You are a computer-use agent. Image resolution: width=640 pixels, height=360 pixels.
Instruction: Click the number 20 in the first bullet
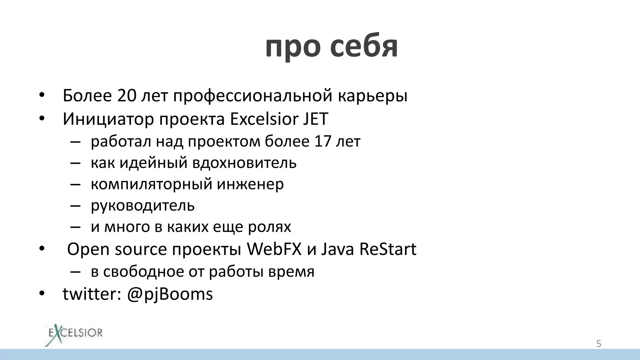127,96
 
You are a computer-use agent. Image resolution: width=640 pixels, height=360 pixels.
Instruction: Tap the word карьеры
372,96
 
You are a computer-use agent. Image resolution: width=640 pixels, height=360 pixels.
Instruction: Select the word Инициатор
108,119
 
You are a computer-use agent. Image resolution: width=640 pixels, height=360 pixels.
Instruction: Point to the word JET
315,119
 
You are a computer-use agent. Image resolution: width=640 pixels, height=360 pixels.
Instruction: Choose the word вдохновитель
244,163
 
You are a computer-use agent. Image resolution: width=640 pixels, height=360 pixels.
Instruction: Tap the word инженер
250,184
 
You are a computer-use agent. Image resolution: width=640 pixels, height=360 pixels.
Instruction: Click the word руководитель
143,206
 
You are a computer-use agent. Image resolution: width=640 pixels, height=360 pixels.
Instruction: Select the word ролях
269,227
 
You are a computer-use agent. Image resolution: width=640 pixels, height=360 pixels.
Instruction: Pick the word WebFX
274,249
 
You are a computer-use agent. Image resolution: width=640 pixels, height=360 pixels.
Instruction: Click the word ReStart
388,249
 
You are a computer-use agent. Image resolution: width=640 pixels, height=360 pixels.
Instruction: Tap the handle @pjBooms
170,294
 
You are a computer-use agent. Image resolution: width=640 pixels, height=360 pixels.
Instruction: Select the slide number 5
598,344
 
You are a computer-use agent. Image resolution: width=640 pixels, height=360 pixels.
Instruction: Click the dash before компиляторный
75,184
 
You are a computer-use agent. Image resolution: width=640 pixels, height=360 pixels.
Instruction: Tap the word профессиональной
252,96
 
